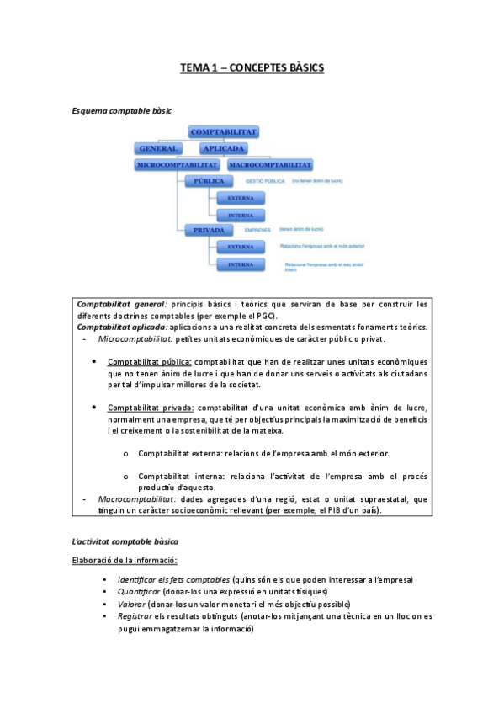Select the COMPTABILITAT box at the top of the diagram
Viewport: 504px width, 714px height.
[x=223, y=132]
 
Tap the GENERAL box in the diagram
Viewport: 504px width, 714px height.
[x=157, y=148]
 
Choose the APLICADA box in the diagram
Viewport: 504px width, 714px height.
[x=206, y=148]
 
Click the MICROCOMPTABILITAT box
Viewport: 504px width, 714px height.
[x=178, y=165]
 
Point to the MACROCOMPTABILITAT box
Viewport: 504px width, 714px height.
[x=270, y=165]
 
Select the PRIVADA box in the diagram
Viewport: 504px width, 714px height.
[x=208, y=229]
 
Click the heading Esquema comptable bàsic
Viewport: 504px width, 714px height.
[x=122, y=110]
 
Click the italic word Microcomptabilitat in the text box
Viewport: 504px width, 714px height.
[x=135, y=338]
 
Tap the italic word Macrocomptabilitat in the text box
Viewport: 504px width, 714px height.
[x=135, y=499]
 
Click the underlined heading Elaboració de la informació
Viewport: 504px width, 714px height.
[x=125, y=560]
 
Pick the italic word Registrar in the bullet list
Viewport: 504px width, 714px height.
[x=137, y=615]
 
